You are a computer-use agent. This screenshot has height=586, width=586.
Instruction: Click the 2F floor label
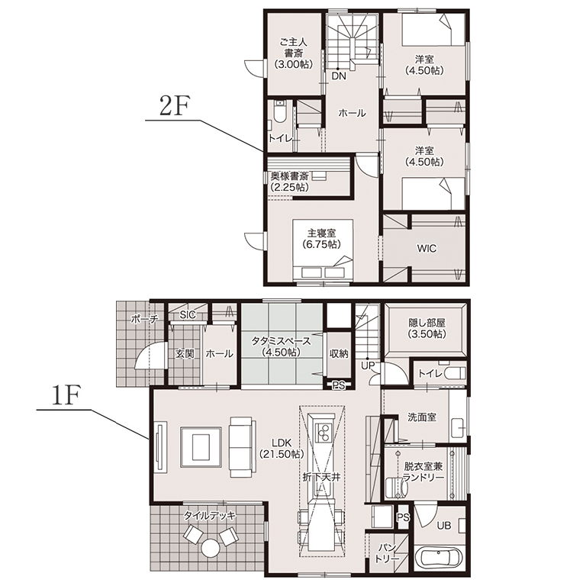[x=172, y=107]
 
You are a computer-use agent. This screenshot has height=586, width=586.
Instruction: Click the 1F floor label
[x=65, y=397]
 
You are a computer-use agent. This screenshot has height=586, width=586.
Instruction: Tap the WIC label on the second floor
[x=427, y=249]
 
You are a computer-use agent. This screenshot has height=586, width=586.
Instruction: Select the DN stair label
[x=339, y=76]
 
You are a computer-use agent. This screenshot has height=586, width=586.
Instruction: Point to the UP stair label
[x=368, y=366]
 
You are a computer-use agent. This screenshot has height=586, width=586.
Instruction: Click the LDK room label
[x=282, y=443]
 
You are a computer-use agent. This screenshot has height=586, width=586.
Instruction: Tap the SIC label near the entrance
[x=188, y=314]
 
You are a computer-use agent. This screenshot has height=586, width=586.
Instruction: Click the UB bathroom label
[x=444, y=526]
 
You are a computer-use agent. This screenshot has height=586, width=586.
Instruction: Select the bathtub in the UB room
[x=440, y=559]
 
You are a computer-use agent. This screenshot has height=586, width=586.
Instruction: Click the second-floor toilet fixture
[x=279, y=111]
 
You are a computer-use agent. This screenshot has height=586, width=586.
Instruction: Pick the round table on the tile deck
[x=211, y=549]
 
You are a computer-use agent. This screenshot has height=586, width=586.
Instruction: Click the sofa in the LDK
[x=243, y=447]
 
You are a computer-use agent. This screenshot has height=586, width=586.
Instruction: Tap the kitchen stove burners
[x=323, y=432]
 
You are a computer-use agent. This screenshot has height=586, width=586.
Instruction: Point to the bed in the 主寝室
[x=324, y=249]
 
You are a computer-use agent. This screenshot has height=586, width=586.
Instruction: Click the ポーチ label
[x=145, y=319]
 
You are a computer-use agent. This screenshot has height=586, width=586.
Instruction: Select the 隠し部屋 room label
[x=427, y=323]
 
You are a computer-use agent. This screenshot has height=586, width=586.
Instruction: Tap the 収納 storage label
[x=339, y=353]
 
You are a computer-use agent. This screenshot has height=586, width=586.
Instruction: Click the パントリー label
[x=388, y=553]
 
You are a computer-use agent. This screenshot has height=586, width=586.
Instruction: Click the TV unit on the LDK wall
[x=162, y=448]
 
